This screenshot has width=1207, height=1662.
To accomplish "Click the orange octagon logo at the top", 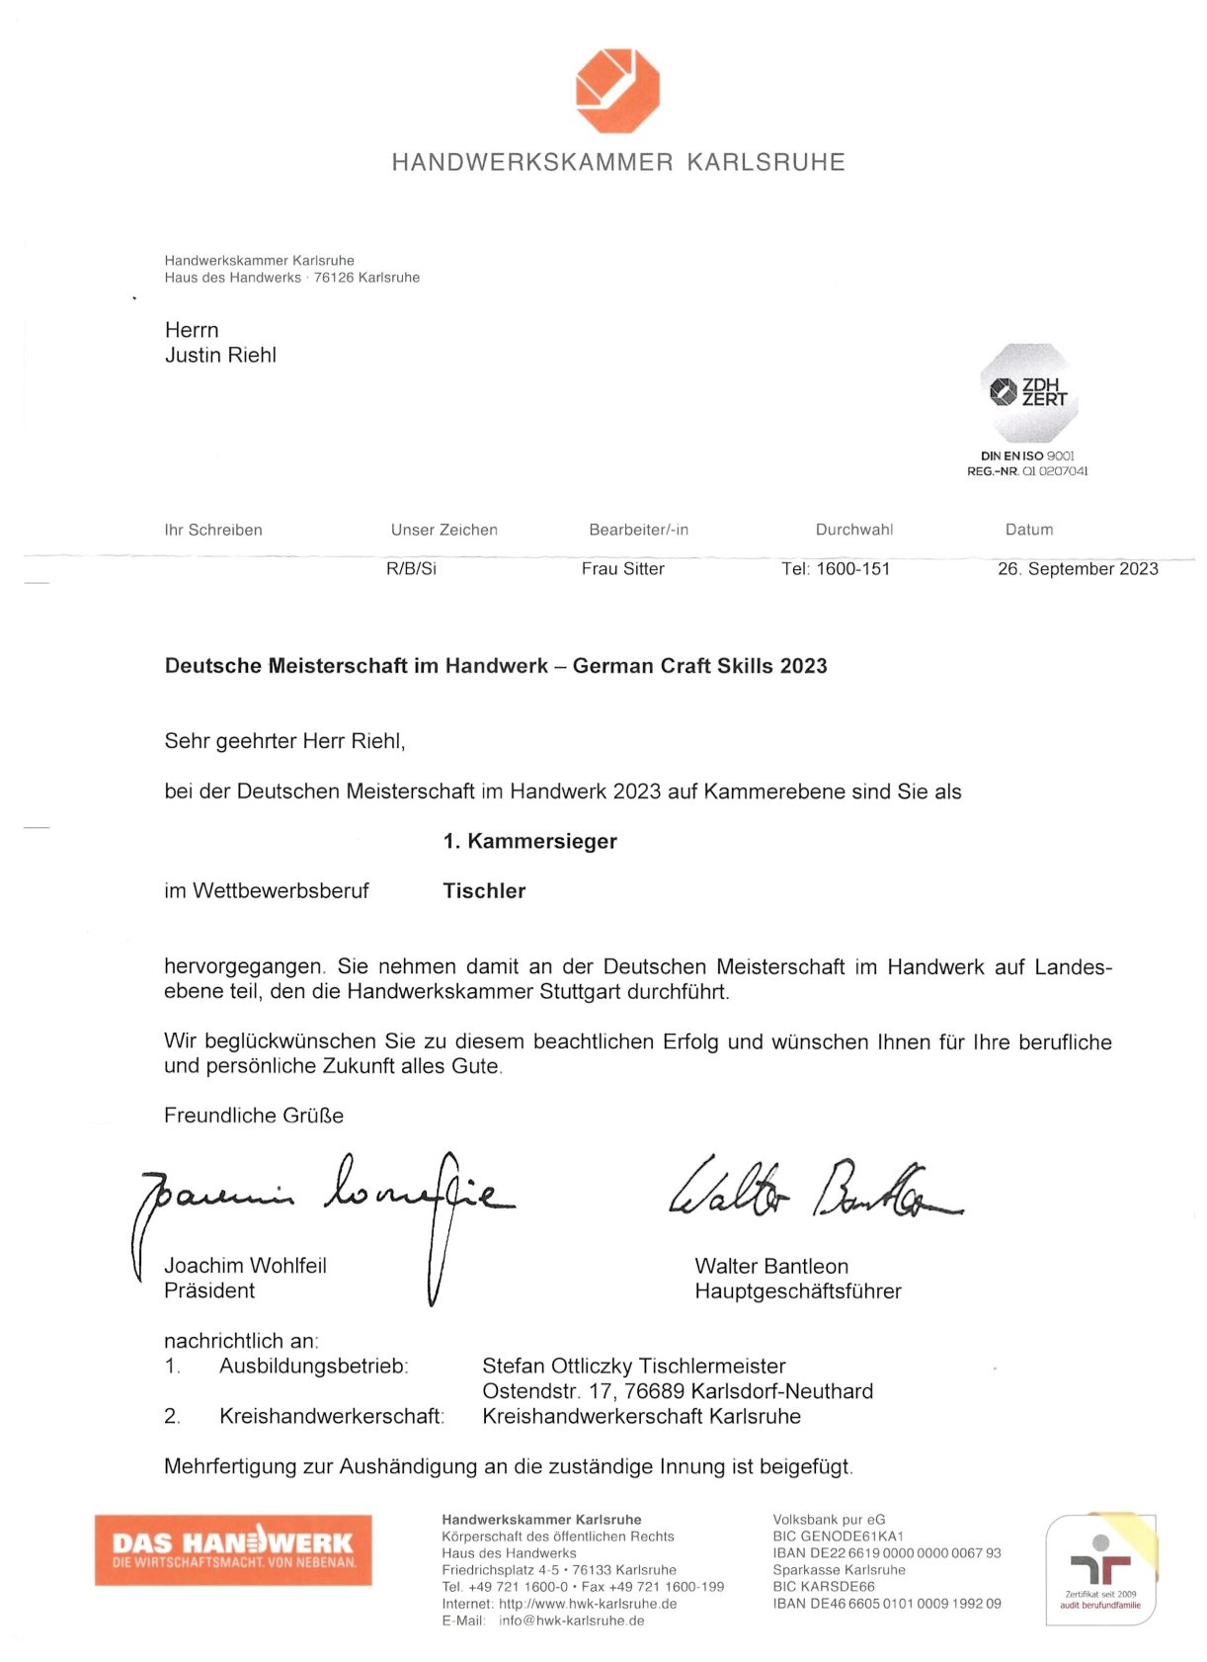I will coord(617,90).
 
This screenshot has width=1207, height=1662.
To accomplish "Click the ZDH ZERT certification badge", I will coord(1028,393).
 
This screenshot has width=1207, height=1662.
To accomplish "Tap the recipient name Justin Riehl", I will coord(220,356).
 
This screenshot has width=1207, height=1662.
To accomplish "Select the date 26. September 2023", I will coord(1078,569).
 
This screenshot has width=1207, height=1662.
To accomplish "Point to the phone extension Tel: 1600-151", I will coord(836,569).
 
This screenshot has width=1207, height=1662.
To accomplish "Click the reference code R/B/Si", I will coord(411,569).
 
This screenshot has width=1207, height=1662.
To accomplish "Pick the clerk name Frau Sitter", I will coord(622,569).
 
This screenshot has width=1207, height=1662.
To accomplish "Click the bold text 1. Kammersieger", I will coord(529,842).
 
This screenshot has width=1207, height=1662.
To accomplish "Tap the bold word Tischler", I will coord(484,891).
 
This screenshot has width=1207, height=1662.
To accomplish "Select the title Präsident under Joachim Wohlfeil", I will coord(209,1291).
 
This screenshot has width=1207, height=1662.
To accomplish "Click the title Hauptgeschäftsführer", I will coord(798,1291).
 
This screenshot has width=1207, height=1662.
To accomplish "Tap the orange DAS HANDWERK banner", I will coord(233,1549).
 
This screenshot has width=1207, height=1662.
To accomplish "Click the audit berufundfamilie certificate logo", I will coord(1100,1569).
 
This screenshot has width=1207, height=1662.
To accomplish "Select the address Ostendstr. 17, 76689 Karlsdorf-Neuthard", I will coord(678,1392).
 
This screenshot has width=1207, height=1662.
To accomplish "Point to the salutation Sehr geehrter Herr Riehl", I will coord(284,742).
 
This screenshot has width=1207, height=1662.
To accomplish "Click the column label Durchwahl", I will coord(854,531).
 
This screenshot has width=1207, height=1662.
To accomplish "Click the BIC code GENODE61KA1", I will coord(854,1537).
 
